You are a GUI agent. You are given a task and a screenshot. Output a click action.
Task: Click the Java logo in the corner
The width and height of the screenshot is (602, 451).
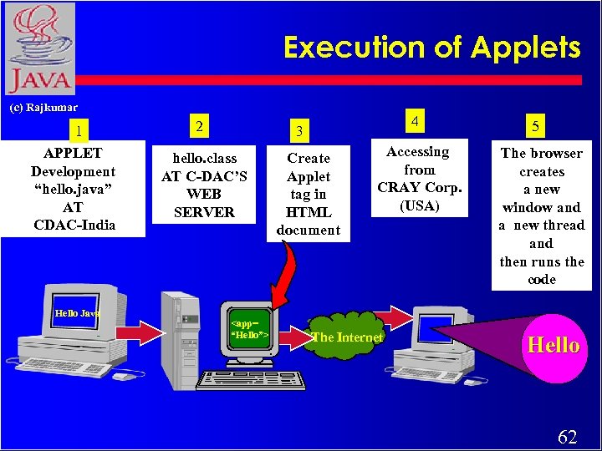[x=38, y=48]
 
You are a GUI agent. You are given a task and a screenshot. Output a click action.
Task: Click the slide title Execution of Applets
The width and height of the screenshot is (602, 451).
[x=431, y=48]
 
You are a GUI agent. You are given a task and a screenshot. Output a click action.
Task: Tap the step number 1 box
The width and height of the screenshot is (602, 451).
[x=78, y=130]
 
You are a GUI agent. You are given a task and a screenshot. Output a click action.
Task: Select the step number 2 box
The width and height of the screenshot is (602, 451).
[x=199, y=126]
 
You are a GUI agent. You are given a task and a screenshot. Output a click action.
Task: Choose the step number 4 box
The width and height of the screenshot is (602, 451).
[x=415, y=122]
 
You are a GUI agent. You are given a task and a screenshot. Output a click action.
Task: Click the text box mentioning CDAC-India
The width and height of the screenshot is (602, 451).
[x=73, y=189]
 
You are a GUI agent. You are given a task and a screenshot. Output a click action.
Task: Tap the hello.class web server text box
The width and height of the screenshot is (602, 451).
[x=204, y=185]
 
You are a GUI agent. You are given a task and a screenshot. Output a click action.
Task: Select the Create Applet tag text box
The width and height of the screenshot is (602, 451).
[x=309, y=194]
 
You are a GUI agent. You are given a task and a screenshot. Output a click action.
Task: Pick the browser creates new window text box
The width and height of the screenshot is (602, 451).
[x=541, y=216]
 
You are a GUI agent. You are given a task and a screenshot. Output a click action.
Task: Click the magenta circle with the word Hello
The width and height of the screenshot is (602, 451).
[x=553, y=346]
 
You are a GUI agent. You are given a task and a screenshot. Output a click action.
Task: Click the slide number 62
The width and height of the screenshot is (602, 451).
[x=566, y=437]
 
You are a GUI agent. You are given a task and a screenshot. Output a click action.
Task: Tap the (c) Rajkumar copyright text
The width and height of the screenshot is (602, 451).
[x=43, y=108]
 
